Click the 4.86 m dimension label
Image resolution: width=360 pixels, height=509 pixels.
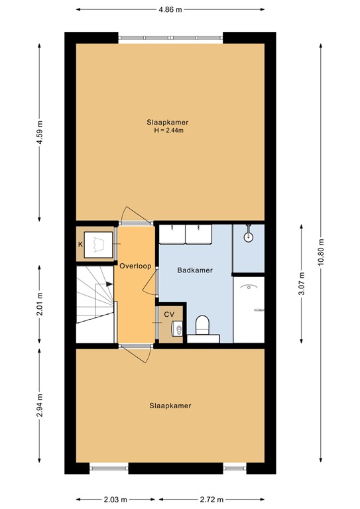coord(170,9)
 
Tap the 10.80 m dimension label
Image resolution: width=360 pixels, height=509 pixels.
coord(321,252)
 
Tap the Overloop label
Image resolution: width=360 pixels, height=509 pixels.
coord(135,266)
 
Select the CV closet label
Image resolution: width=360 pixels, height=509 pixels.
coord(169,314)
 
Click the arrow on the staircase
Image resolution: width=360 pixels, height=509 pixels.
coord(101,286)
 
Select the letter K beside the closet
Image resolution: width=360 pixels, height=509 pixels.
coord(81,245)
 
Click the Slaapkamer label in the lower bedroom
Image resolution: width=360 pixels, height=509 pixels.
coord(170,406)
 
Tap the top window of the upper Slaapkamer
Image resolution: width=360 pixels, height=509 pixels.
coord(170,38)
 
